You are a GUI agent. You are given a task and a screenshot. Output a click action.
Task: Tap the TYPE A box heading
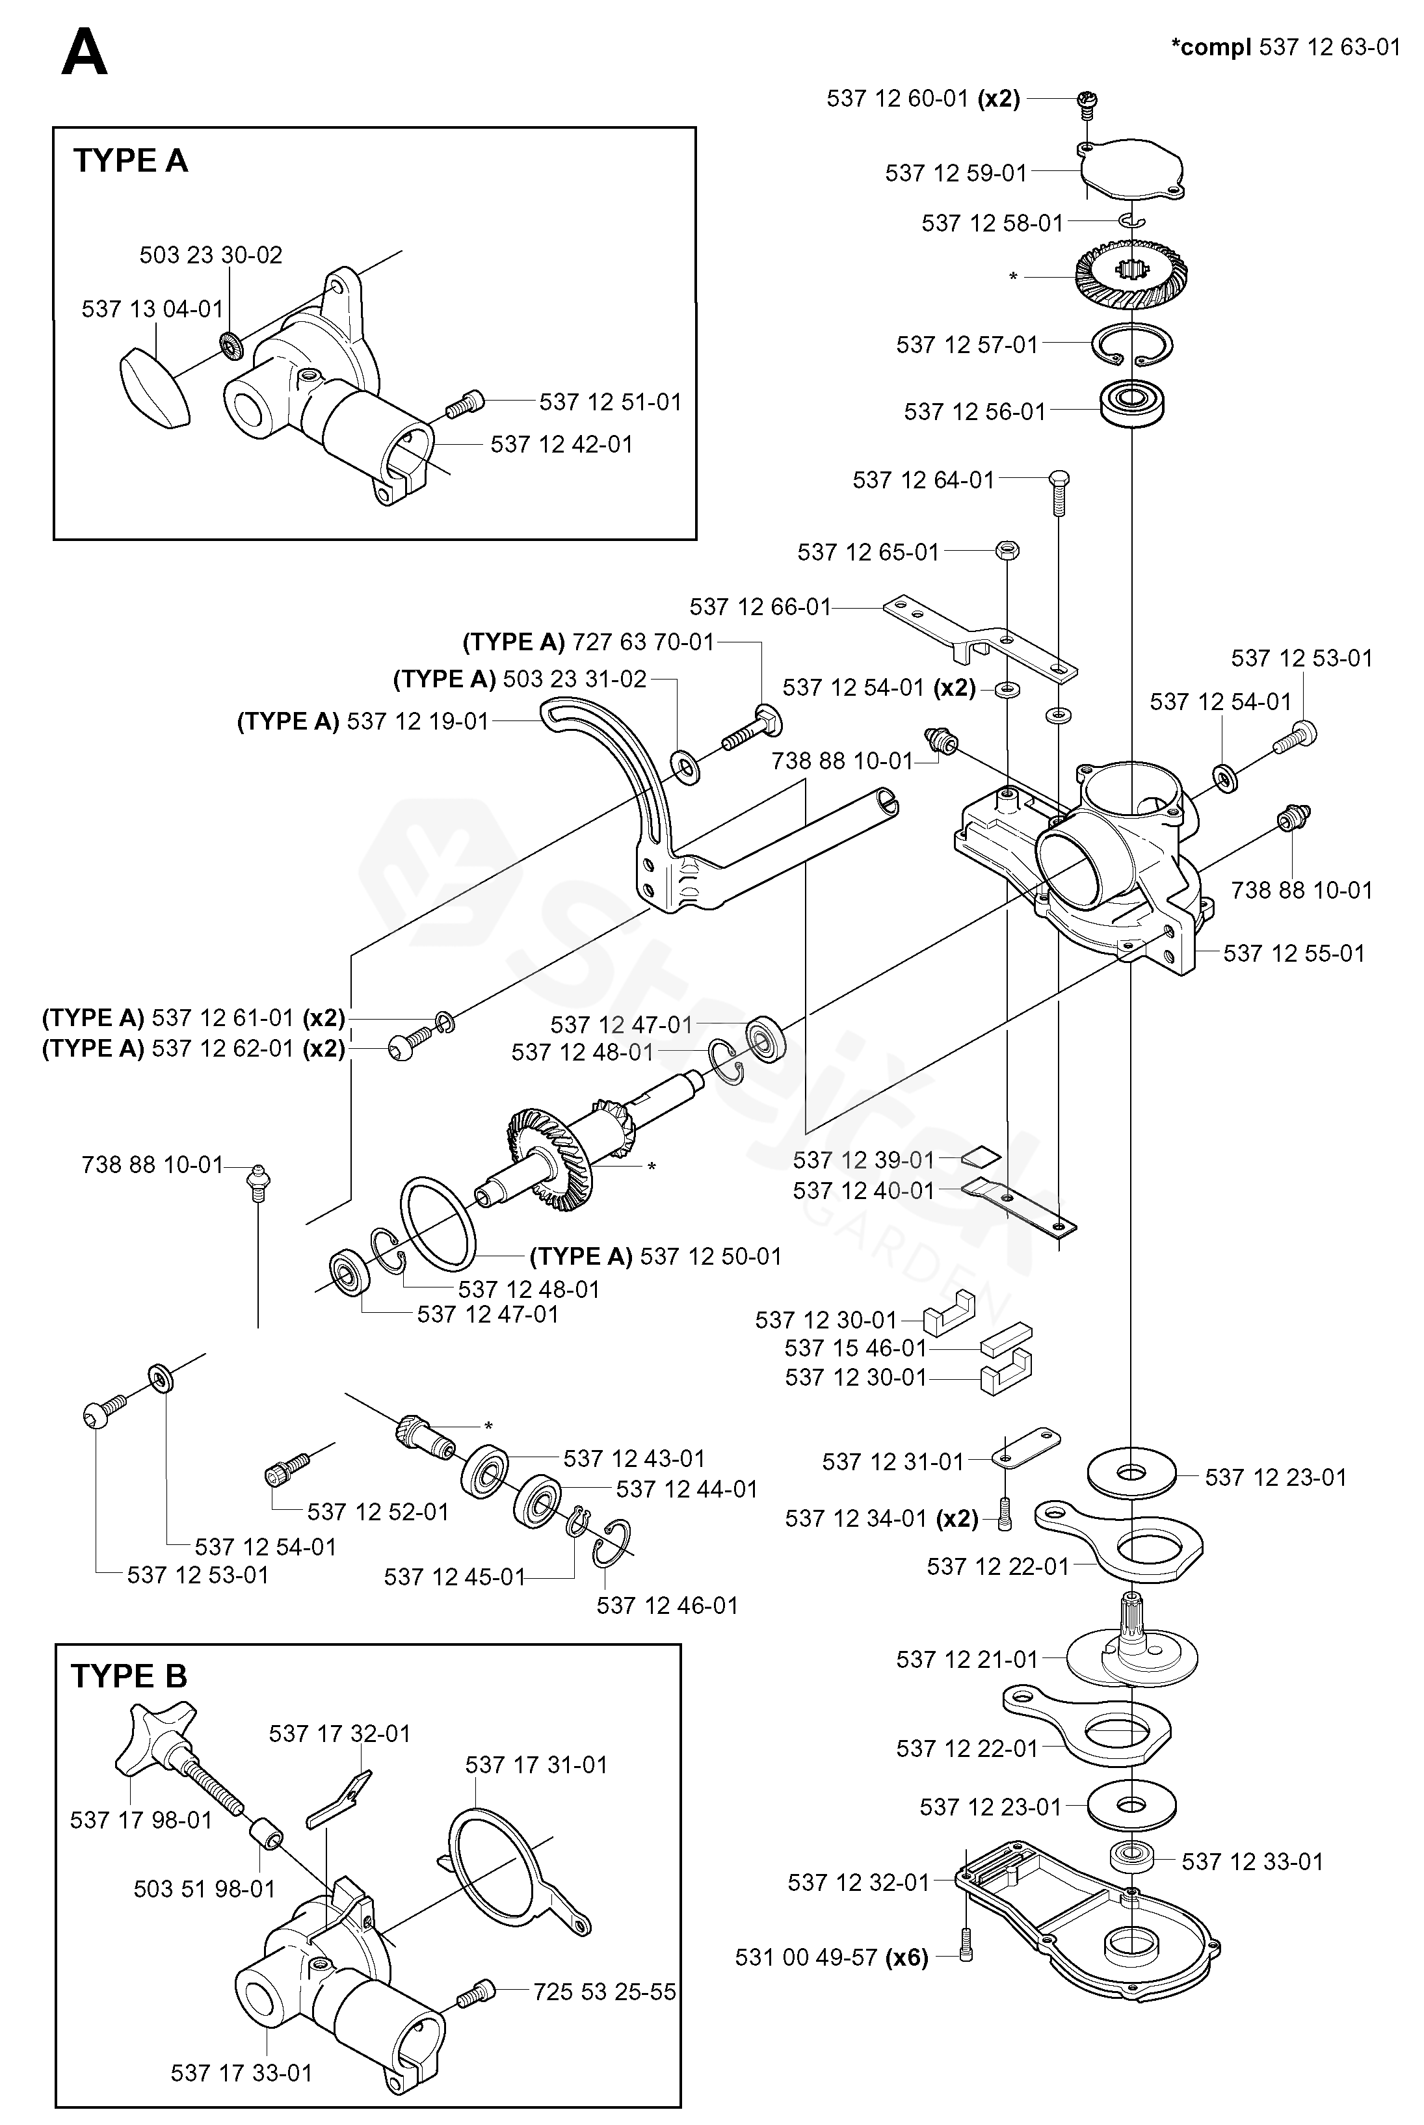tap(130, 161)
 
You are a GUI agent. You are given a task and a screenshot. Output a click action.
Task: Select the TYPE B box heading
tap(129, 1676)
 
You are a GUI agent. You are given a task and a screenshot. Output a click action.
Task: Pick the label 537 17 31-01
tap(536, 1765)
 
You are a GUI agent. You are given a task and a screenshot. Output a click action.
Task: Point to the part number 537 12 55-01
tap(1293, 953)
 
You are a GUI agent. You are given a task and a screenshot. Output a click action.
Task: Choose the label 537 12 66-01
tap(760, 607)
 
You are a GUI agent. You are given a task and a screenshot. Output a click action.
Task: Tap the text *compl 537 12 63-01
tap(1286, 47)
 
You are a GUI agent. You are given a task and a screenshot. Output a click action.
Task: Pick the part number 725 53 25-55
tap(604, 1992)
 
